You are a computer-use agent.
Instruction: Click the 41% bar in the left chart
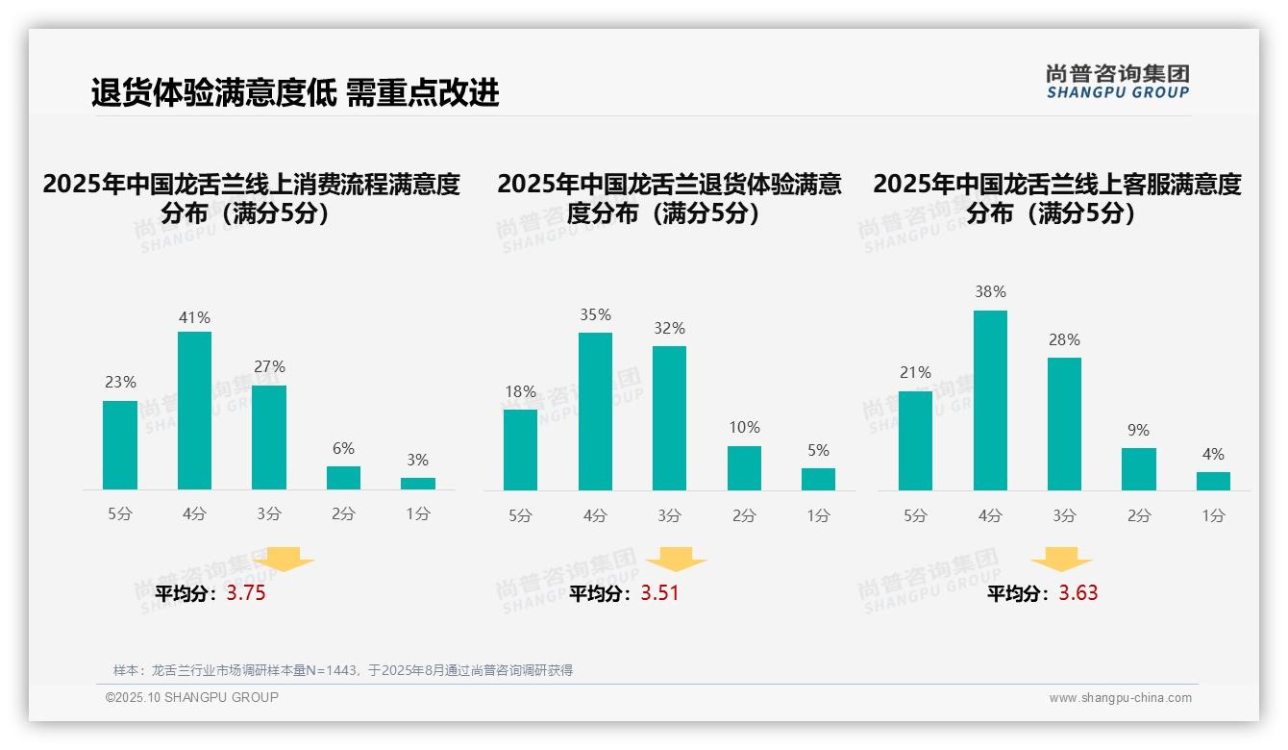[x=194, y=411]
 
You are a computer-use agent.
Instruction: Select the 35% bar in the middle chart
[x=595, y=412]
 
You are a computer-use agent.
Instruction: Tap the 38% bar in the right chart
[x=990, y=400]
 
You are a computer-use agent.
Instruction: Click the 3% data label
[x=417, y=461]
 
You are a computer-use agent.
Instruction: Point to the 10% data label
[x=744, y=428]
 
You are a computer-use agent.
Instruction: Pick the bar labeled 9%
[x=1138, y=469]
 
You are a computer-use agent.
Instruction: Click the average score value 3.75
[x=246, y=593]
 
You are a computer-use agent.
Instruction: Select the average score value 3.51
[x=659, y=593]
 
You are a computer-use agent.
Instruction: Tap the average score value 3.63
[x=1077, y=593]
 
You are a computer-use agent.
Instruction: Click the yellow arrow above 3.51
[x=676, y=560]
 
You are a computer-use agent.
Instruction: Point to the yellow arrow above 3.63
[x=1061, y=560]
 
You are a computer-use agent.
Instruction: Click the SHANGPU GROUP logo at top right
[x=1117, y=82]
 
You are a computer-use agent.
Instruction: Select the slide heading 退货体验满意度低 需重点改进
[x=295, y=93]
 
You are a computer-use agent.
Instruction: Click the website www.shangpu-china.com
[x=1120, y=698]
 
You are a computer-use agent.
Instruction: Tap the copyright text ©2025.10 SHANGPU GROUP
[x=192, y=697]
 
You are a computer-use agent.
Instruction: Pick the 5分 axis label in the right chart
[x=915, y=516]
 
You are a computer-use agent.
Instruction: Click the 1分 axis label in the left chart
[x=417, y=514]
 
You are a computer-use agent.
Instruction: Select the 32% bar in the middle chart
[x=669, y=418]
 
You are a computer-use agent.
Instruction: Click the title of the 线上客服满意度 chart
[x=1056, y=198]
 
